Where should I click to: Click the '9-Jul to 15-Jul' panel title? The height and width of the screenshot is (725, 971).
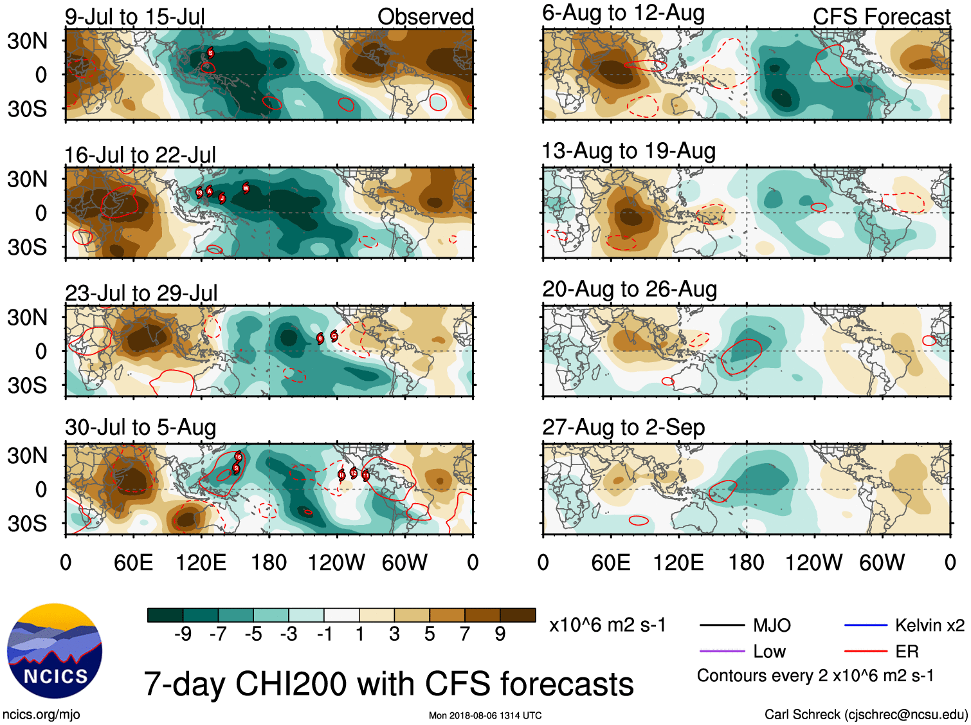[134, 17]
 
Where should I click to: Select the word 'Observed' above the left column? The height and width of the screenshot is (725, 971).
[425, 17]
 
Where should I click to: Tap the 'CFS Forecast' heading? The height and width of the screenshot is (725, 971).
[881, 17]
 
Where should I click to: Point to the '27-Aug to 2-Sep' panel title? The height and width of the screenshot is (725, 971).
[623, 427]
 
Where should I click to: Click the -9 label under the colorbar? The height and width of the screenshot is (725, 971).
[183, 634]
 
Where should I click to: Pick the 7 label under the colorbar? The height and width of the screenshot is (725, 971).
[465, 634]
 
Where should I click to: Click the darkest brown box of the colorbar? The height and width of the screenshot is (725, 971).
[518, 615]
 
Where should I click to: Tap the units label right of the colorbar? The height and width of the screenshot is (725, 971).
[607, 625]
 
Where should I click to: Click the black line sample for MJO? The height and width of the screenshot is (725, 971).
[721, 625]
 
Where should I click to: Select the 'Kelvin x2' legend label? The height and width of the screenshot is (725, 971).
[929, 625]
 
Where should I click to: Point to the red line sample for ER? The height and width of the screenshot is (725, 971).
[866, 652]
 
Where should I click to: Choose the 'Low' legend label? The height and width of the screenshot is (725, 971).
[769, 652]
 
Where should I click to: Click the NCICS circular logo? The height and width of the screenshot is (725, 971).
[55, 650]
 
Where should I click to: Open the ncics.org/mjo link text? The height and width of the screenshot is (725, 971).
[41, 714]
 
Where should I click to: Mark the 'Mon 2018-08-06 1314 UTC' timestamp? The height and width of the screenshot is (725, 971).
[485, 715]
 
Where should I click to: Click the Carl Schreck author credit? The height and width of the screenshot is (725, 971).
[866, 714]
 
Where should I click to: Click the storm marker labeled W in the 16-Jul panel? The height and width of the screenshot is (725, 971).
[246, 188]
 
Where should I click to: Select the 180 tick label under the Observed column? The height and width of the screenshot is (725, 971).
[269, 563]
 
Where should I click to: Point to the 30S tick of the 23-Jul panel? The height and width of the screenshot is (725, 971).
[28, 386]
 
